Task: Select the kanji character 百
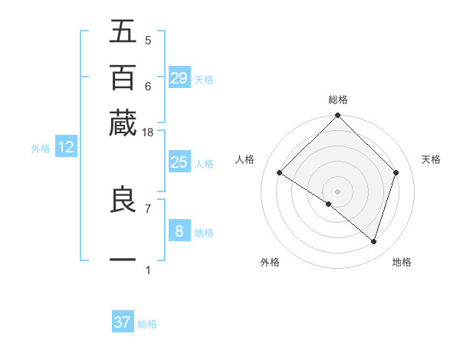[123, 77]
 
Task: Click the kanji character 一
[123, 260]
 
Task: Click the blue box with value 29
[179, 77]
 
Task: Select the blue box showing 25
[179, 162]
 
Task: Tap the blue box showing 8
[179, 231]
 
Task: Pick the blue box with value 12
[66, 147]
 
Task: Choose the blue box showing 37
[123, 322]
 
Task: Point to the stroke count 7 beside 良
[148, 208]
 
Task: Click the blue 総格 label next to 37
[147, 324]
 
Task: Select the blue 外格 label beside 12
[41, 149]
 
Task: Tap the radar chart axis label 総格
[338, 100]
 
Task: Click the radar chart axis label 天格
[431, 159]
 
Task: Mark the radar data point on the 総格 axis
[338, 116]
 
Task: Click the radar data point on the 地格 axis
[373, 241]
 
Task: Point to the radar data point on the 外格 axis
[329, 205]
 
